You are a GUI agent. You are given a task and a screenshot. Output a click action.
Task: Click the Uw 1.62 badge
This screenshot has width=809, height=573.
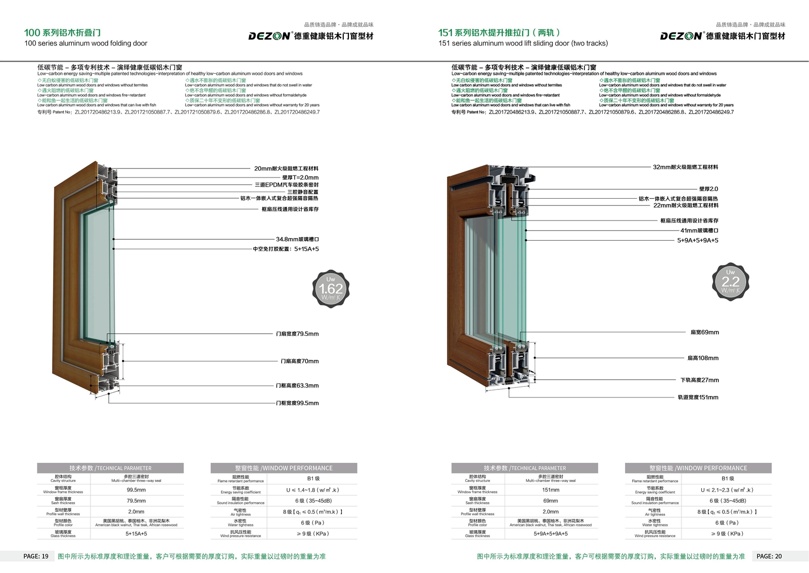coord(331,289)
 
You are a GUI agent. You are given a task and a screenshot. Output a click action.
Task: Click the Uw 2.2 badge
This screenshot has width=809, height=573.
coord(730,282)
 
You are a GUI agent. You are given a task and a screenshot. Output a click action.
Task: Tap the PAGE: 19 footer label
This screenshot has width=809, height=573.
coord(36,556)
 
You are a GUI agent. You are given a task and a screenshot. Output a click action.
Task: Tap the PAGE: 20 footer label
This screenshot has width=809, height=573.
coord(769,556)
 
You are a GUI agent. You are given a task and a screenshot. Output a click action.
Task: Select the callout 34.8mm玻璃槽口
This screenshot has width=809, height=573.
coord(297,239)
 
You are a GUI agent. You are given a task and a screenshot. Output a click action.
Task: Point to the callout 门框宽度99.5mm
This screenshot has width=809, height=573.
coord(297,403)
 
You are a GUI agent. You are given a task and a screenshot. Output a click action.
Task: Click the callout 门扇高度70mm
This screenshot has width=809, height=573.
coord(300,361)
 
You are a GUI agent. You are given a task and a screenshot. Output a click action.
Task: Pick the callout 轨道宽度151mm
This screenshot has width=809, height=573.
coord(698,398)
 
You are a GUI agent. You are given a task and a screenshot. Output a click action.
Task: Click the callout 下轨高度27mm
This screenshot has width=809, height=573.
coord(699,380)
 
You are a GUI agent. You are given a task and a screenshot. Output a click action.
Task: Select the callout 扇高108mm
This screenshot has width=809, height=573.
coord(703,358)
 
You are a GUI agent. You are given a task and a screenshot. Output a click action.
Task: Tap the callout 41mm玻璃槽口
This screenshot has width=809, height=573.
coord(699,231)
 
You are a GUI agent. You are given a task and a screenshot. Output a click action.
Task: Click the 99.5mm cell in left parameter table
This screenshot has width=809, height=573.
coord(136,490)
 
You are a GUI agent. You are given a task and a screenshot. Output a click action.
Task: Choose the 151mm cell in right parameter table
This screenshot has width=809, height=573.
coord(551,490)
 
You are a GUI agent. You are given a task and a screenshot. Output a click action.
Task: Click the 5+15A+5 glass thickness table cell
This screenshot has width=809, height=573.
coord(136,534)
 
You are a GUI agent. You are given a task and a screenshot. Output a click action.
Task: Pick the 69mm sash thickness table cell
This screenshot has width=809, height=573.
coord(551,501)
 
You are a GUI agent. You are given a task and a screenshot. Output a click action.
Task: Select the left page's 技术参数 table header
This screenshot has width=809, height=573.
coord(110,468)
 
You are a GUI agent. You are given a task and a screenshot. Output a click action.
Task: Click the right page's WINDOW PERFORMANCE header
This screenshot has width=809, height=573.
coord(698,468)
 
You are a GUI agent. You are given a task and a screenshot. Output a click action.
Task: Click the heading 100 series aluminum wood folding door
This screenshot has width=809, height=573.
coord(86,43)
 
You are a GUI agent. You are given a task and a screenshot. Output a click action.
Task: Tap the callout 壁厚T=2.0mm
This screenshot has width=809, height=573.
coord(300,178)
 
